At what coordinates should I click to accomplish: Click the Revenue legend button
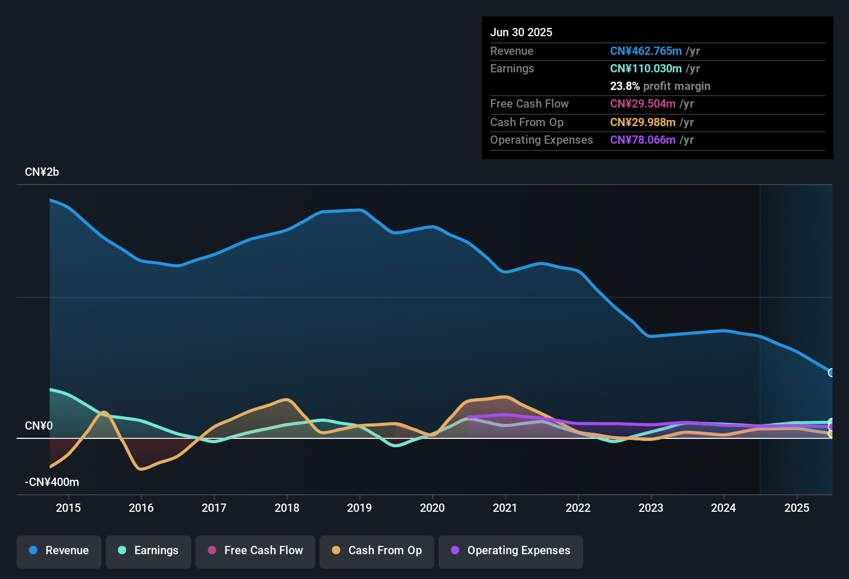click(x=59, y=551)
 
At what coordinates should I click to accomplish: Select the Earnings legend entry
click(x=148, y=551)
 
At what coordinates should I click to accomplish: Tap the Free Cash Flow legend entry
click(x=255, y=551)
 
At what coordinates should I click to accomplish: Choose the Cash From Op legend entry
click(x=377, y=551)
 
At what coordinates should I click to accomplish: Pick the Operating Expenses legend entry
click(x=511, y=551)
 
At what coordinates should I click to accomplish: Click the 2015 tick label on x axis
click(x=68, y=508)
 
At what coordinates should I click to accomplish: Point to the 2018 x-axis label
click(x=287, y=508)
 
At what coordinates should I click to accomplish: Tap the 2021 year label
click(x=505, y=508)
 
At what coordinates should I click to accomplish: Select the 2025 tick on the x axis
click(x=797, y=508)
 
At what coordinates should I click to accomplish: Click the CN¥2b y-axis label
click(x=42, y=172)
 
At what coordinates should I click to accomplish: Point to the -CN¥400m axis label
click(x=52, y=482)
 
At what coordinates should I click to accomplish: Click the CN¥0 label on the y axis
click(x=39, y=426)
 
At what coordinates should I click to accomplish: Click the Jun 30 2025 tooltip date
click(x=521, y=33)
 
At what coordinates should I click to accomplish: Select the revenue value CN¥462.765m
click(x=646, y=51)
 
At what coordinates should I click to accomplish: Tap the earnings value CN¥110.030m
click(x=646, y=69)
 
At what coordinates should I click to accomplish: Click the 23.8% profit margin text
click(x=660, y=86)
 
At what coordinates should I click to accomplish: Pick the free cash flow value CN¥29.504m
click(x=643, y=104)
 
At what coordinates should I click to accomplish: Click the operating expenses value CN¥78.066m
click(x=643, y=140)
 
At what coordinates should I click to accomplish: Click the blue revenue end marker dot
click(x=831, y=373)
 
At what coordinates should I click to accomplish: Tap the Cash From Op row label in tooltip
click(x=526, y=123)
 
